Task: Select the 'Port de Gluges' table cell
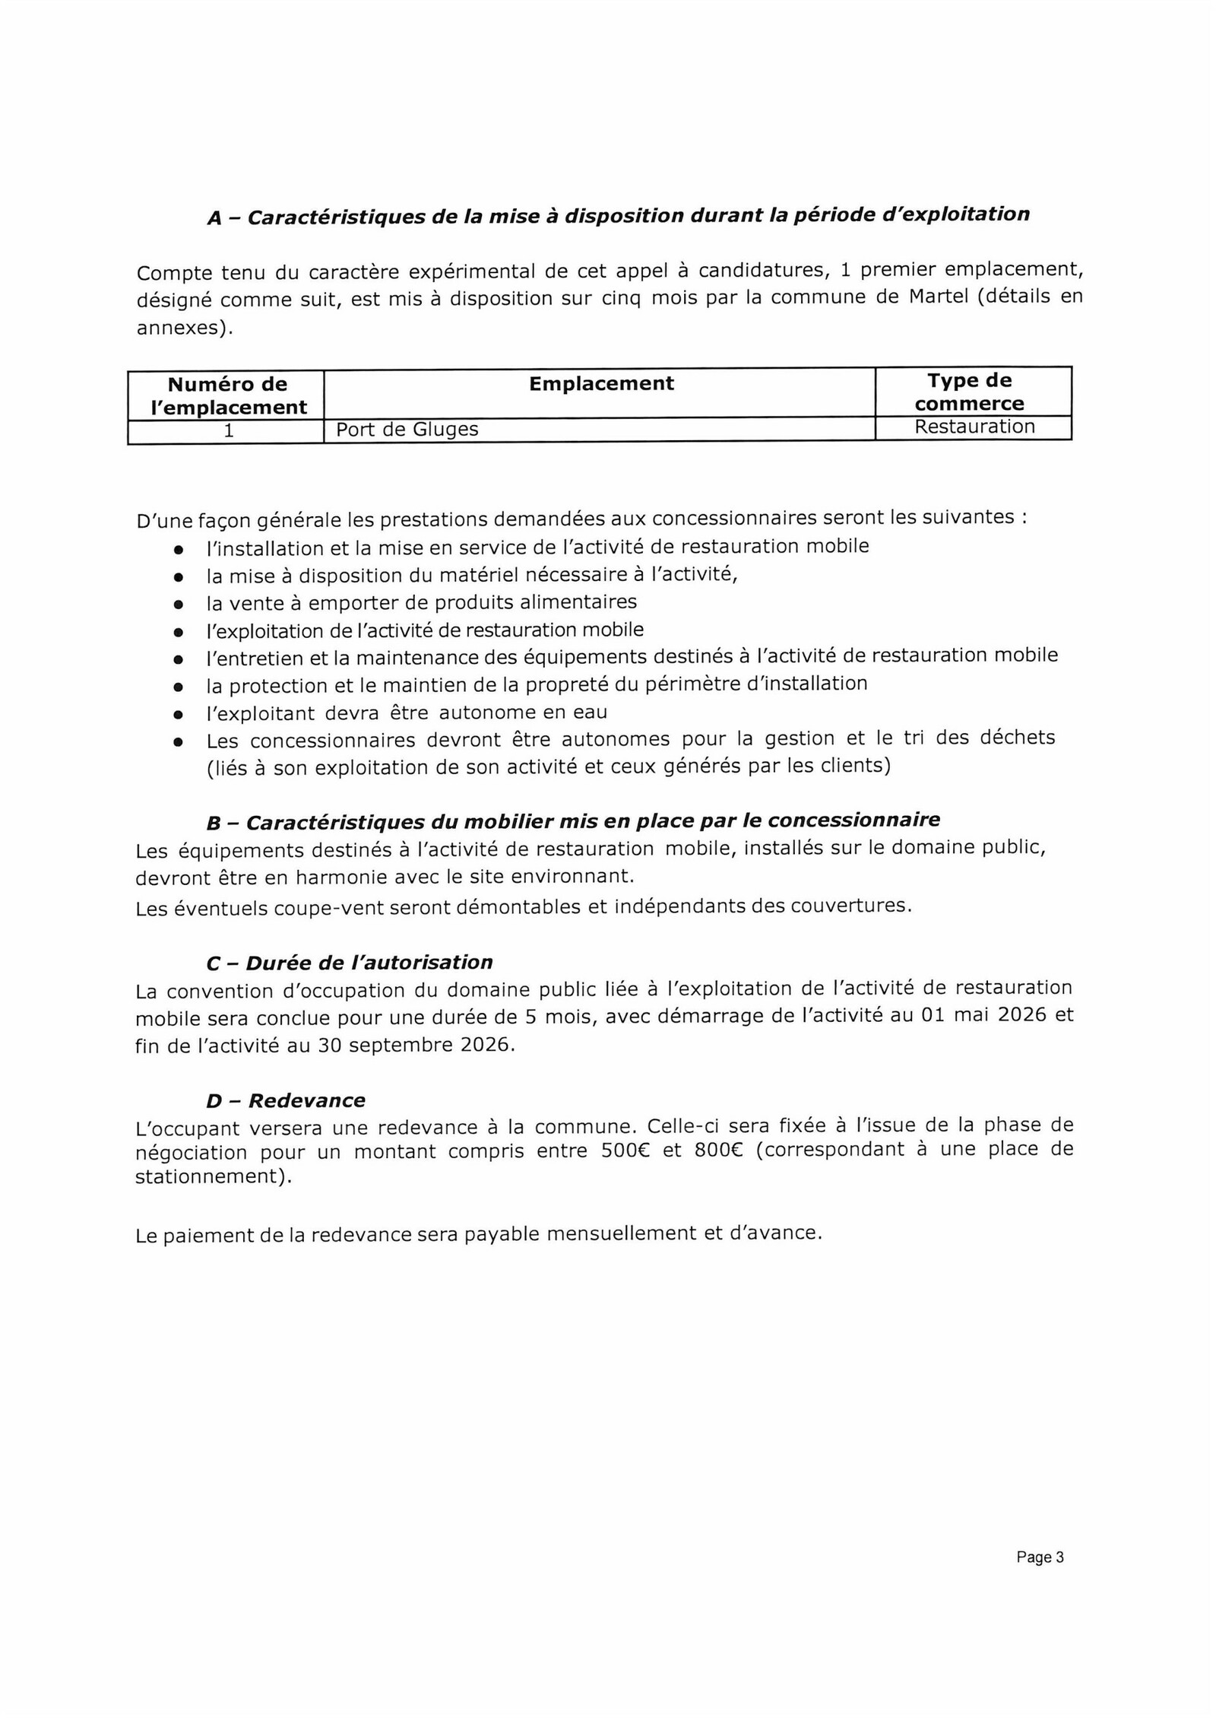pos(407,430)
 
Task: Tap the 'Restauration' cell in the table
pos(974,427)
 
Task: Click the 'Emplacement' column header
pos(600,384)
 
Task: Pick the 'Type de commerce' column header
pos(969,392)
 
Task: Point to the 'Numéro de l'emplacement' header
pos(227,395)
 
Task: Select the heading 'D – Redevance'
pos(285,1100)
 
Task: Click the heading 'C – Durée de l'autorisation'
pos(349,963)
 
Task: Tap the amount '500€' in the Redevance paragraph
pos(622,1150)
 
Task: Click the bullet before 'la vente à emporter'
pos(178,605)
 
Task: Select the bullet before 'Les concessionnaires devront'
pos(178,741)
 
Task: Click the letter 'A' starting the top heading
pos(214,219)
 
